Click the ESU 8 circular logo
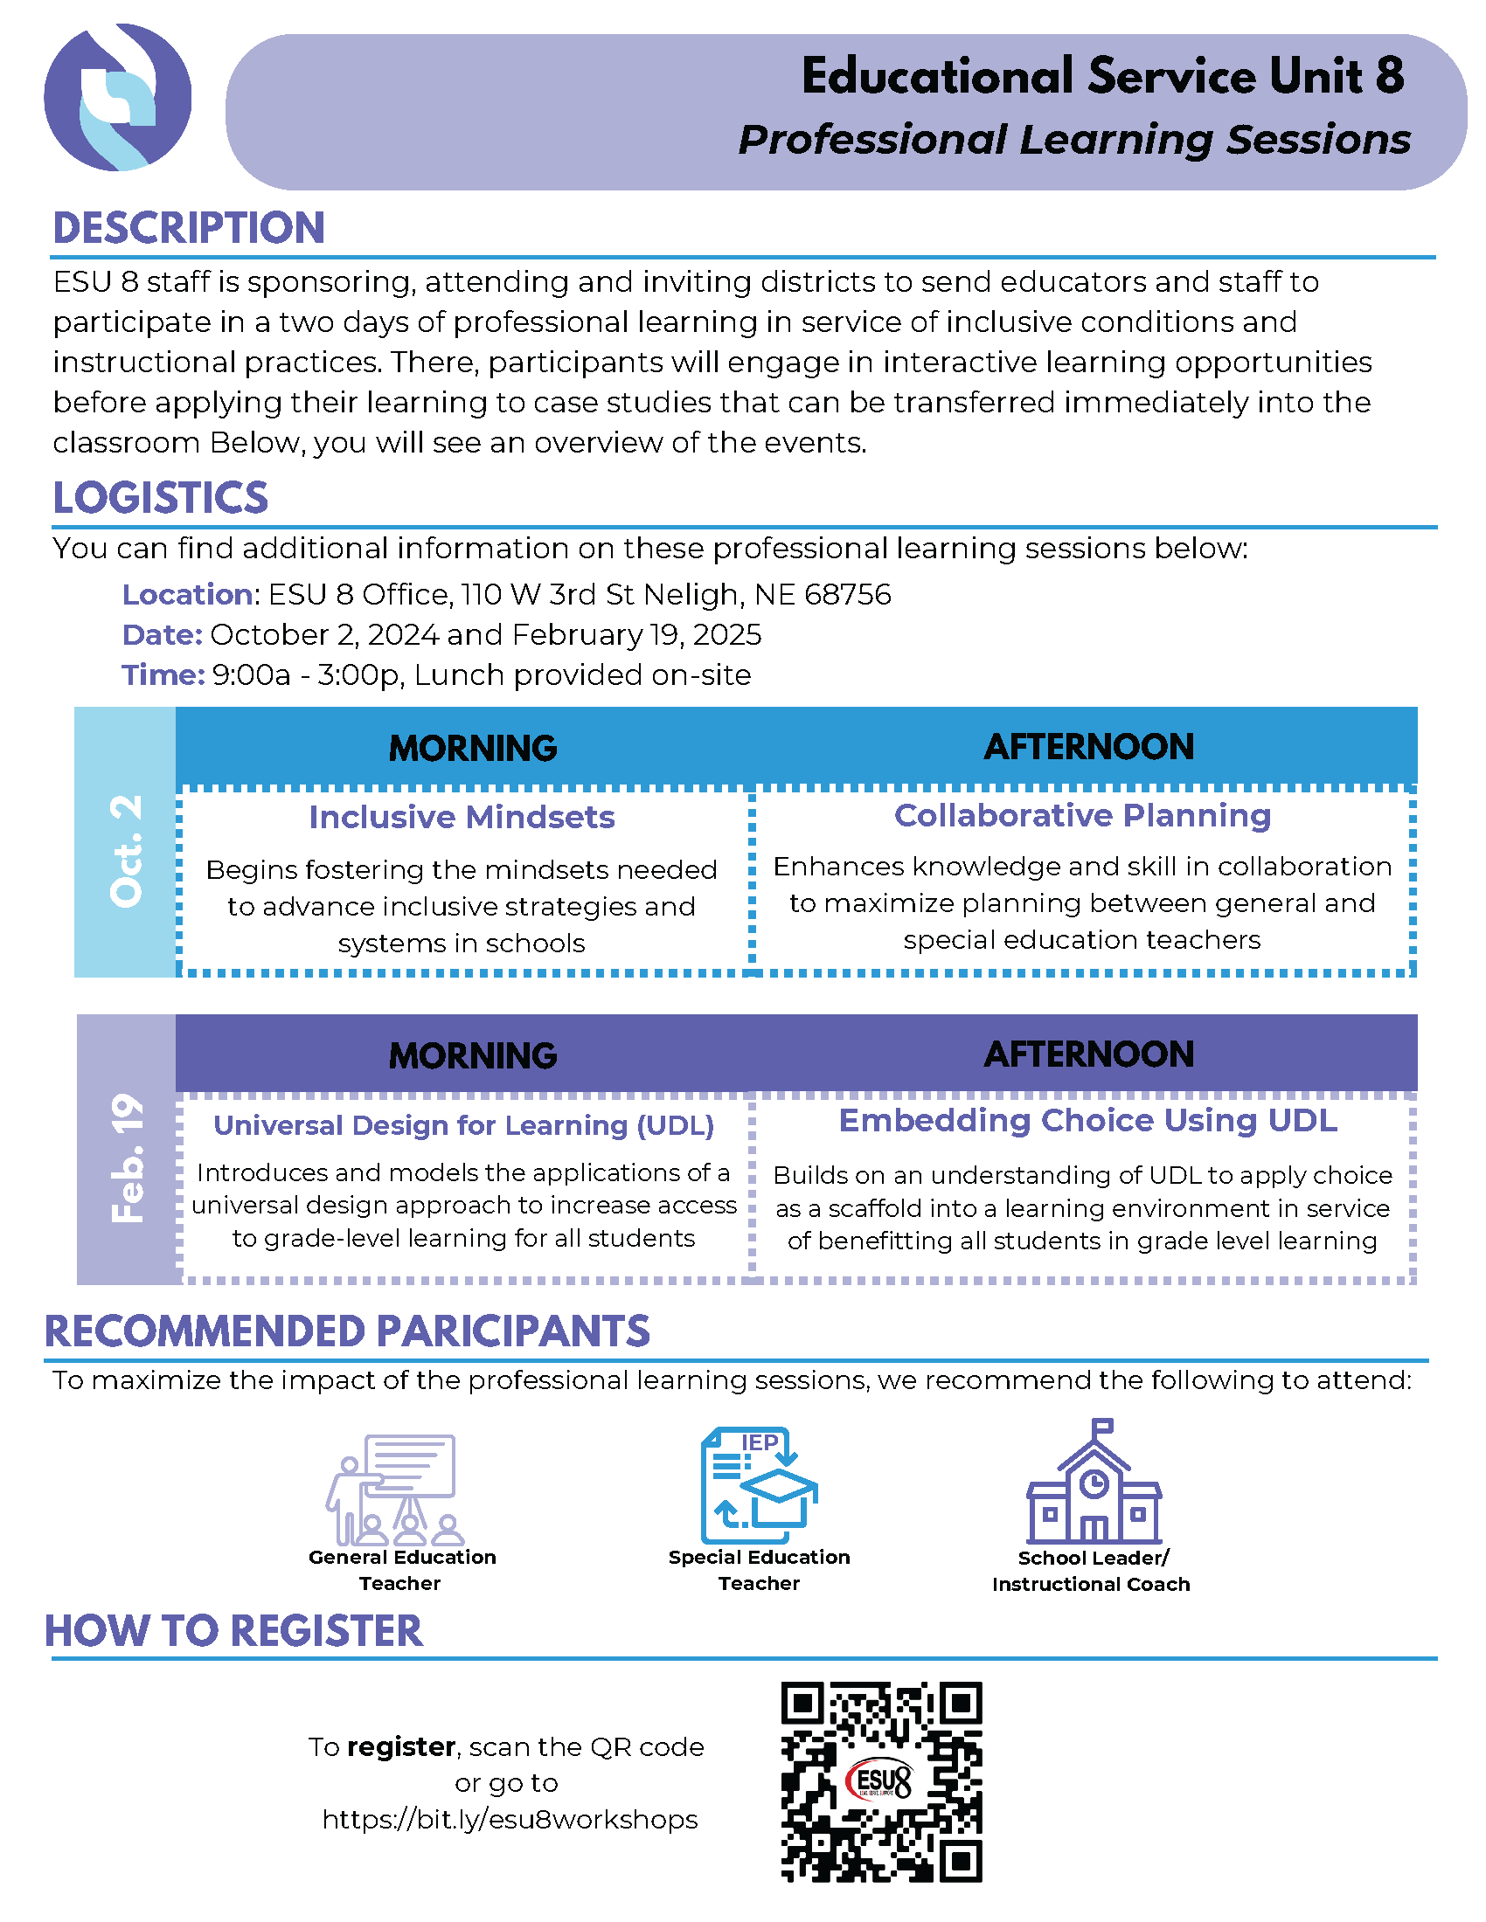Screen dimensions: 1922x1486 coord(117,97)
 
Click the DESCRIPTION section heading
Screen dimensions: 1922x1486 coord(189,228)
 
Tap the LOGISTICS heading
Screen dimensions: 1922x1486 coord(160,498)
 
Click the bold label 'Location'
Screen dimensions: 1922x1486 coord(188,595)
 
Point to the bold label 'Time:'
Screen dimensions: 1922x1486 coord(163,675)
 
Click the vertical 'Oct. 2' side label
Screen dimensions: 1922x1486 coord(126,850)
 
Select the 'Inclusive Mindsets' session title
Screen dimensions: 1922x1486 coord(462,818)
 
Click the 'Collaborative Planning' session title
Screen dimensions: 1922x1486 coord(1082,816)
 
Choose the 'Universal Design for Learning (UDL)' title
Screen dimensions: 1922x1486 coord(463,1125)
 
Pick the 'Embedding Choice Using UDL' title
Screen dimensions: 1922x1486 coord(1087,1121)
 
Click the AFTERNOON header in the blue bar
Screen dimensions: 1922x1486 coord(1089,747)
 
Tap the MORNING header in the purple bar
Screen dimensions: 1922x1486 coord(473,1055)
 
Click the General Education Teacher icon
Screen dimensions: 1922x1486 coord(394,1490)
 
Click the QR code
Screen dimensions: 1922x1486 coord(881,1782)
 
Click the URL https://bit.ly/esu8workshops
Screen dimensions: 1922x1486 coord(510,1820)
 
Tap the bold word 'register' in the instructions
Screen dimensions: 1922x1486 coord(400,1747)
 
